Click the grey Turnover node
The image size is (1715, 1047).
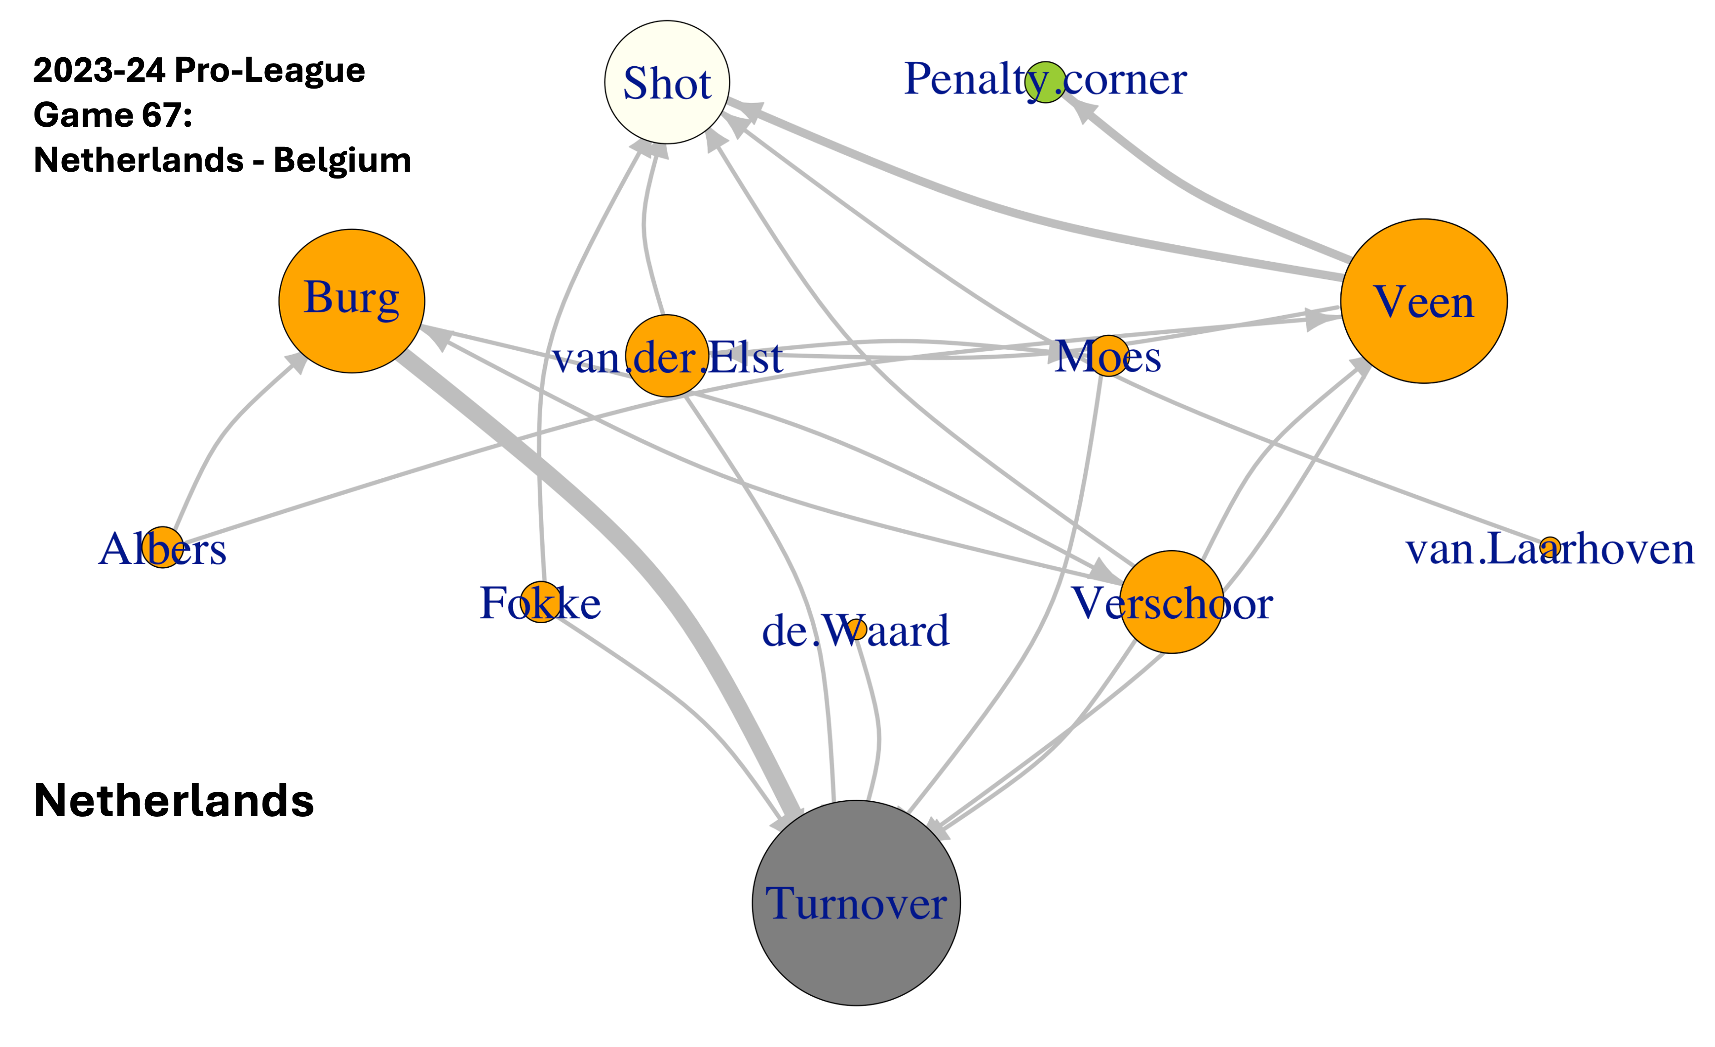click(x=856, y=903)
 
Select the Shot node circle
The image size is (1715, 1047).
click(x=667, y=82)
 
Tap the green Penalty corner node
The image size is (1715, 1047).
click(x=1046, y=82)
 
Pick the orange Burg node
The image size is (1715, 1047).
click(x=352, y=301)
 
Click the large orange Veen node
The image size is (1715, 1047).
click(x=1423, y=301)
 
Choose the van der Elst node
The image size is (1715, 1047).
click(x=667, y=356)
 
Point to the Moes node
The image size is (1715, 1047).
click(x=1109, y=356)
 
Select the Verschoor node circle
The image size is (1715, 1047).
click(x=1171, y=602)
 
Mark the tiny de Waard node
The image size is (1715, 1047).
click(x=856, y=629)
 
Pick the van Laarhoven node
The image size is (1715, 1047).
click(x=1549, y=548)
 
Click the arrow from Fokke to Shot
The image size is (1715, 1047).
click(x=550, y=348)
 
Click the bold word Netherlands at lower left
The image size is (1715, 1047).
click(x=174, y=800)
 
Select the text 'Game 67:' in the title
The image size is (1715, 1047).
click(x=113, y=115)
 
